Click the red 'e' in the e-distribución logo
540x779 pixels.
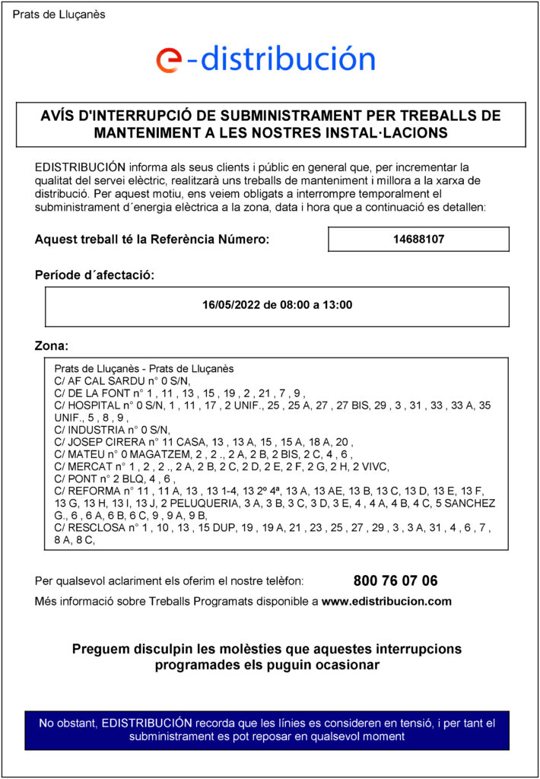click(168, 59)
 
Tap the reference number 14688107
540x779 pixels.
click(418, 239)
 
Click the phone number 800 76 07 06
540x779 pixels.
click(395, 580)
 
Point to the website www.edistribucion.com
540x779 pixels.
click(386, 601)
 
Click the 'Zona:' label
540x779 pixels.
click(52, 346)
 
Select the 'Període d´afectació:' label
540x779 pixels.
click(94, 275)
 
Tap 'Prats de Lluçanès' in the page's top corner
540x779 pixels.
click(59, 14)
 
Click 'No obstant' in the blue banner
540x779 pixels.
click(68, 722)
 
